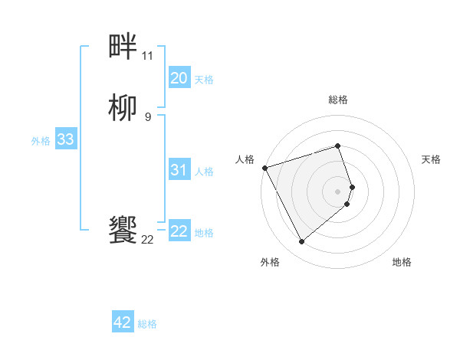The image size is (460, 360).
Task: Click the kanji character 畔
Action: pos(123,48)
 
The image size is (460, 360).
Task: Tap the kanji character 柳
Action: pos(123,108)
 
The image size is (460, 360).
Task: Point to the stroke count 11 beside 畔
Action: pos(147,56)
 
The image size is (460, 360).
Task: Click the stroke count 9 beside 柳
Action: pos(147,116)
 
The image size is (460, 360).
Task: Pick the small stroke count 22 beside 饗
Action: pos(147,240)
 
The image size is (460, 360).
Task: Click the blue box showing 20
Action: pos(179,77)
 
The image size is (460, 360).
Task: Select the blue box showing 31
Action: pos(179,170)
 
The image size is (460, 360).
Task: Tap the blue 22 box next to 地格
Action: pos(179,231)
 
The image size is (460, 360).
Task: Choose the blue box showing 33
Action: pos(65,139)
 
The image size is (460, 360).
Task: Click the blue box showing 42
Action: pos(123,322)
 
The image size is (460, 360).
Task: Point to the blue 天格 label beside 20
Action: pos(204,79)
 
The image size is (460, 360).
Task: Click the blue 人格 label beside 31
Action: pos(204,172)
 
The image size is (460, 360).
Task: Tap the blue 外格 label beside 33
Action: pos(41,141)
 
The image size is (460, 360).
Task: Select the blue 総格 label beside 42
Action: pos(147,324)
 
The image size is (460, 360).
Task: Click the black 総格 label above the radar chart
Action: pos(338,100)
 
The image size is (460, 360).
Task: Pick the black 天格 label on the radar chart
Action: pos(432,159)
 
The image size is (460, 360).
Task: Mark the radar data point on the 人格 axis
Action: pos(264,168)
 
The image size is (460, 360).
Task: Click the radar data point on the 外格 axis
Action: pos(302,242)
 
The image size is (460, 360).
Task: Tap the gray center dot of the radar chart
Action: pos(338,191)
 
